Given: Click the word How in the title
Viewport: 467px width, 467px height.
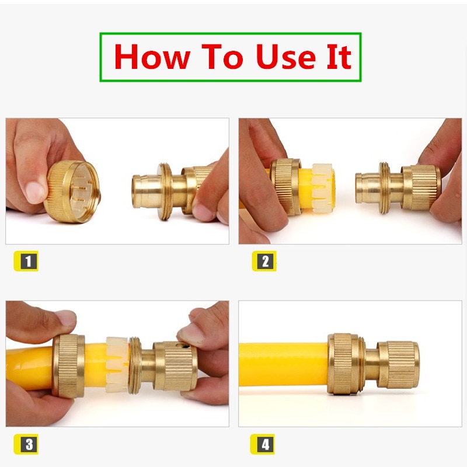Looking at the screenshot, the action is [x=152, y=57].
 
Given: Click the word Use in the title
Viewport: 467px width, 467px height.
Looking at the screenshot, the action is [x=285, y=57].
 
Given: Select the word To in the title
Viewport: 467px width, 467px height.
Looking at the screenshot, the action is [x=222, y=57].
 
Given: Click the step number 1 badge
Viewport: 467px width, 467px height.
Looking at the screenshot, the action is [x=26, y=261].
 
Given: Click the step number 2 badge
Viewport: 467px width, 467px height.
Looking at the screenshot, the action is [x=264, y=261].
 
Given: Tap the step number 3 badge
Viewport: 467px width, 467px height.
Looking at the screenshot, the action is [x=26, y=444].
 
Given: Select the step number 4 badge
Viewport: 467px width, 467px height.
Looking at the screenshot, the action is [x=262, y=444].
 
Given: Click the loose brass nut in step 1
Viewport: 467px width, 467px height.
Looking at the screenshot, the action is [x=71, y=192].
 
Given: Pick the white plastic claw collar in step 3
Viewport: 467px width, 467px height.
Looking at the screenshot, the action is [x=117, y=364].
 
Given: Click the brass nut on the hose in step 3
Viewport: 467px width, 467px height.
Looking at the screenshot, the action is [x=68, y=366].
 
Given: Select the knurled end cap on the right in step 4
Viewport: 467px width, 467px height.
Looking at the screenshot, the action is [x=399, y=365].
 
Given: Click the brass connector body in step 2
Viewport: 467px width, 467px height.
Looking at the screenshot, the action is [x=398, y=188].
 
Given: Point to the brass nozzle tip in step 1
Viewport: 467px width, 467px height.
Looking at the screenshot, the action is [x=144, y=190].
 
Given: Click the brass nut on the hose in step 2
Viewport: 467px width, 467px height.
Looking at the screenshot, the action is [x=285, y=187].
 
